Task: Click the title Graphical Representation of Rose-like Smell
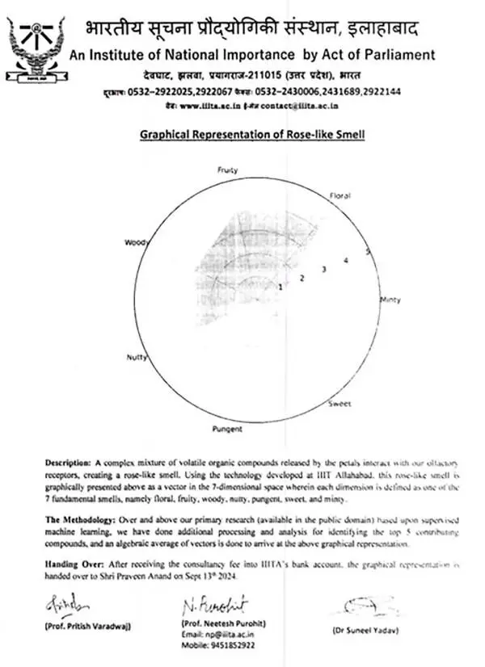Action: (252, 133)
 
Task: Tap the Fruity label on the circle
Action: (227, 170)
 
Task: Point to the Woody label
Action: (134, 242)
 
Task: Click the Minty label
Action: (390, 300)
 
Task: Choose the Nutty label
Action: (135, 358)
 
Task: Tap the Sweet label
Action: (339, 403)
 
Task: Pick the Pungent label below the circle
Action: (227, 429)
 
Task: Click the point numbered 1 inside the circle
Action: (280, 287)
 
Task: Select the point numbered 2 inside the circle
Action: (302, 278)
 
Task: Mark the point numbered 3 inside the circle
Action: (323, 269)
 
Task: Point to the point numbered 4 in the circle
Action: (345, 260)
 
